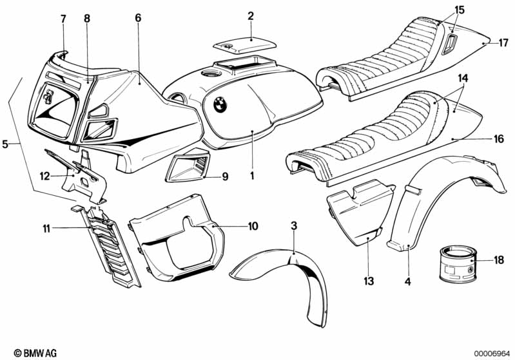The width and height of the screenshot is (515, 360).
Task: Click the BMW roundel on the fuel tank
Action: pyautogui.click(x=220, y=105)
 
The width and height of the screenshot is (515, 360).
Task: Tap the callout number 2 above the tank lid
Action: pyautogui.click(x=251, y=15)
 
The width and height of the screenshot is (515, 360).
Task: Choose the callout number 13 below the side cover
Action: pyautogui.click(x=369, y=281)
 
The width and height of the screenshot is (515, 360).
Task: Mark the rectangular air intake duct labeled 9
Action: pyautogui.click(x=188, y=166)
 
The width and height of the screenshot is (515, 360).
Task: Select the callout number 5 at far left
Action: pyautogui.click(x=5, y=144)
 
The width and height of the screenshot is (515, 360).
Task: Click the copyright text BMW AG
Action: pyautogui.click(x=35, y=353)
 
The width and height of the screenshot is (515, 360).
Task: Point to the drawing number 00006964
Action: pyautogui.click(x=492, y=354)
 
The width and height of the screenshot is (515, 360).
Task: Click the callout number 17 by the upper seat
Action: pyautogui.click(x=503, y=43)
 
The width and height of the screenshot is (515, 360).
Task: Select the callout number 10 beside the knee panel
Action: pyautogui.click(x=253, y=226)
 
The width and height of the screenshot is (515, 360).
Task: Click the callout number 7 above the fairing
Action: pyautogui.click(x=63, y=19)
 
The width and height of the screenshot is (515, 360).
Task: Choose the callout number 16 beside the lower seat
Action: pyautogui.click(x=499, y=139)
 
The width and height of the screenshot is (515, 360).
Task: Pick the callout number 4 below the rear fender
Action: pyautogui.click(x=407, y=281)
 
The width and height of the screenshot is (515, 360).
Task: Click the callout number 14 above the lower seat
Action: pyautogui.click(x=463, y=78)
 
